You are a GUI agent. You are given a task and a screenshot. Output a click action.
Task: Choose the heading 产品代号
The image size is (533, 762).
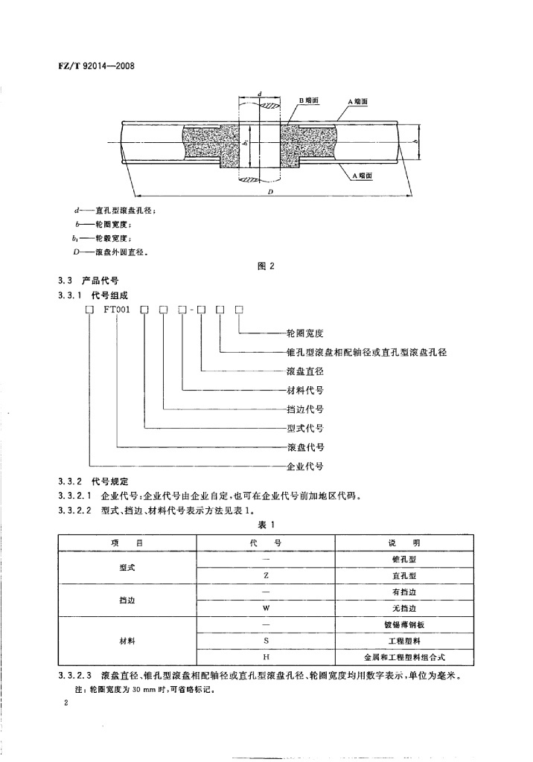coord(107,282)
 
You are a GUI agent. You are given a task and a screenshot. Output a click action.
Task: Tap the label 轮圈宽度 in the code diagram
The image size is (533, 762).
coord(304,333)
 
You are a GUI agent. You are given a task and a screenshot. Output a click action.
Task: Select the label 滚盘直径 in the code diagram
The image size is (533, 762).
coord(304,371)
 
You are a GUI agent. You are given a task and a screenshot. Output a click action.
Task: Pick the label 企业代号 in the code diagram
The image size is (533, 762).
coord(304,467)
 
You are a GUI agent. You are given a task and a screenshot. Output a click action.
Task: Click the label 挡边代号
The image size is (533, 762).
coord(304,409)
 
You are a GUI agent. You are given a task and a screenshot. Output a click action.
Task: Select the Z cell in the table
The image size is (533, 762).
coord(266,576)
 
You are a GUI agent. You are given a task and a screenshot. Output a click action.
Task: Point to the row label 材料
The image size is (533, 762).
coord(127,641)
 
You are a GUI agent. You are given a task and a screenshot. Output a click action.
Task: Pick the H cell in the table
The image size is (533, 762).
coord(266,657)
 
